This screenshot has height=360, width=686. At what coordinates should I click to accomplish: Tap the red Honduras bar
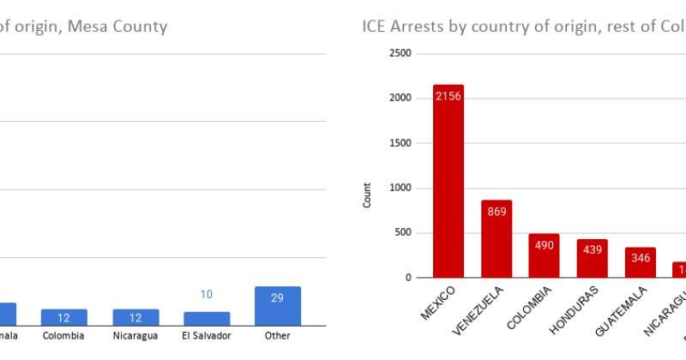point(593,258)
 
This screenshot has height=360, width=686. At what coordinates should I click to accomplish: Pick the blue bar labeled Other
point(278,306)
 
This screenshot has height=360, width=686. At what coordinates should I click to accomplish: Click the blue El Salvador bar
point(207,318)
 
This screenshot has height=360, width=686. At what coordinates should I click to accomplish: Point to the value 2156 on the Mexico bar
point(448,96)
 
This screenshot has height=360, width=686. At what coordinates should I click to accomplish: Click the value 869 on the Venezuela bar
point(496,212)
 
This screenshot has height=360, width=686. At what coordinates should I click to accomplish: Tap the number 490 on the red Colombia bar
point(545,245)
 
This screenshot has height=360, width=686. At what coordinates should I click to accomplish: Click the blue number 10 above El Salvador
point(207,295)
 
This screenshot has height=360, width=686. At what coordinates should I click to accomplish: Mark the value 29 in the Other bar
point(278,297)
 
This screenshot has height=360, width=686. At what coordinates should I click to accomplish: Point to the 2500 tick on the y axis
point(400,53)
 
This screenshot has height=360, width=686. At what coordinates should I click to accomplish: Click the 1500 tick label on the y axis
point(400,143)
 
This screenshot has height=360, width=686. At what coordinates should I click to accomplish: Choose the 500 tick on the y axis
point(403,233)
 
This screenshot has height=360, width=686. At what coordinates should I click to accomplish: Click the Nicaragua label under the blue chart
point(135,336)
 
